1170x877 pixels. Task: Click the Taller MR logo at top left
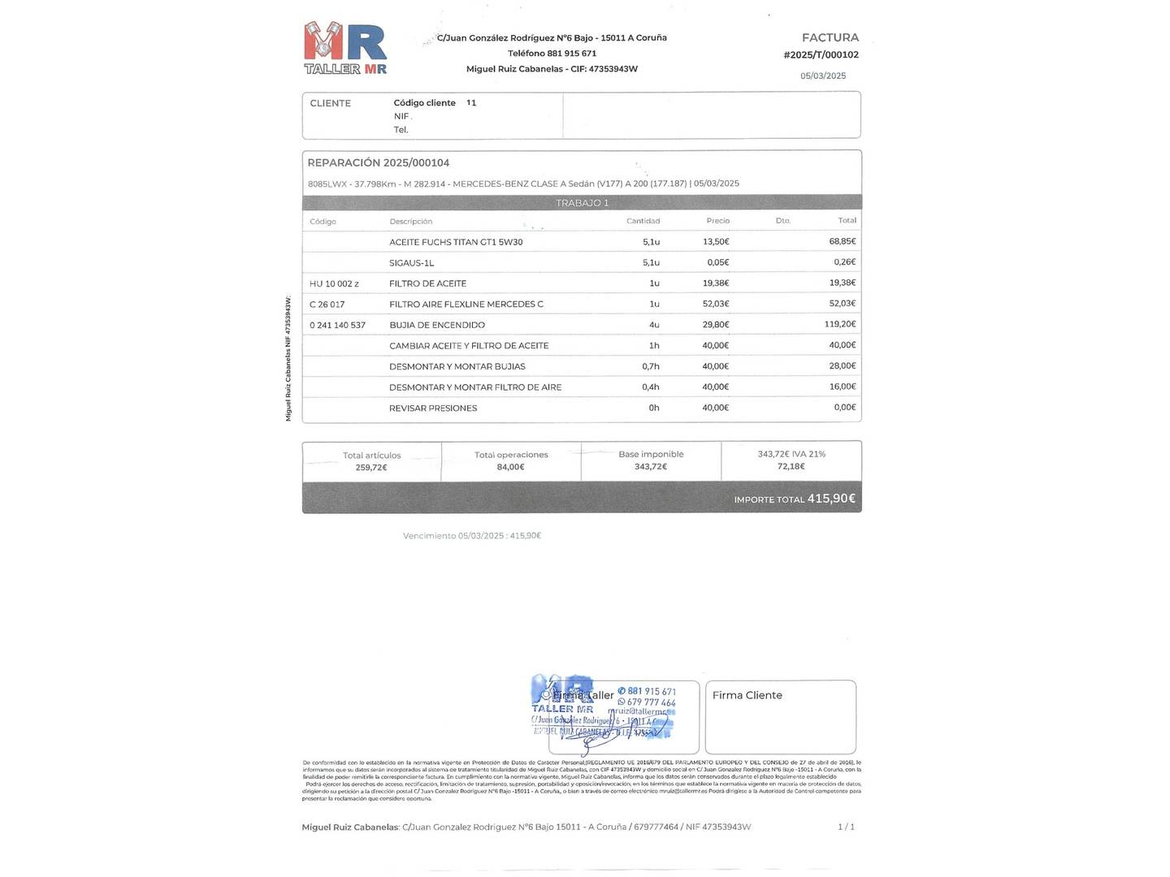345,49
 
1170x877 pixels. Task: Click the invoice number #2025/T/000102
821,55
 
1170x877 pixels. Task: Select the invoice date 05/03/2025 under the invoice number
822,76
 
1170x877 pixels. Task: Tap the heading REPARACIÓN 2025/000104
378,163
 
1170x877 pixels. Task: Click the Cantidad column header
643,221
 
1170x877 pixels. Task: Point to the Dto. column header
782,221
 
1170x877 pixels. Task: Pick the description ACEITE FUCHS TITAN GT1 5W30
456,242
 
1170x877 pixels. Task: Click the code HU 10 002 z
334,284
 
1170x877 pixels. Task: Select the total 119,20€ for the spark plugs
839,324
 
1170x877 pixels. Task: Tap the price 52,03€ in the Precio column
715,304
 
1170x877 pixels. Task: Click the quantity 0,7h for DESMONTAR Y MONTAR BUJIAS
650,366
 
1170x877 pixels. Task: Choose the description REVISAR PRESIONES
433,408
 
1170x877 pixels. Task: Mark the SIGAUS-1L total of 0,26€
844,262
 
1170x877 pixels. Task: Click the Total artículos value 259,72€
371,468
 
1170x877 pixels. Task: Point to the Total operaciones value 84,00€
510,467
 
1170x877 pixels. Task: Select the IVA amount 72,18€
791,467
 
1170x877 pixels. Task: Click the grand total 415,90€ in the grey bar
830,499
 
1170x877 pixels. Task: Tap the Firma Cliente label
747,695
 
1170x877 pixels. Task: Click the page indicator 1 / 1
846,827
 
